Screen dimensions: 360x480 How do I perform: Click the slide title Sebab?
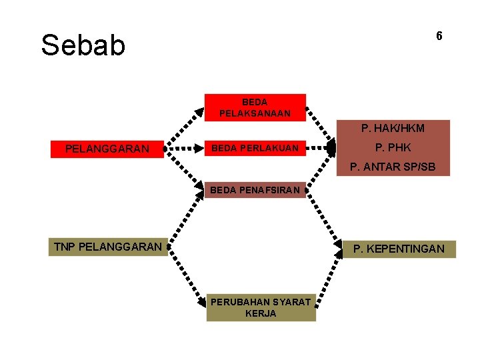[83, 45]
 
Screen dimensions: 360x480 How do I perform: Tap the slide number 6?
[439, 36]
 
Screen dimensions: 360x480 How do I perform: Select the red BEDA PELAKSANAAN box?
[255, 107]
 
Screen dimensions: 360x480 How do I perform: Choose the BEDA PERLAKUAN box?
[255, 148]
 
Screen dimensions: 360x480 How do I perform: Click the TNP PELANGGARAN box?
[107, 247]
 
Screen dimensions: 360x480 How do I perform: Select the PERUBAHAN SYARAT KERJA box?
[260, 307]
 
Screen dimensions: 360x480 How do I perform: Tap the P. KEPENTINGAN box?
[399, 249]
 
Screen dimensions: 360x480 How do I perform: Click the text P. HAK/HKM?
[393, 128]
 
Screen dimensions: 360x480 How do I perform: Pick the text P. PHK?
[393, 147]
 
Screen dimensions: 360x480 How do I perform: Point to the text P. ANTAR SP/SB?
[393, 167]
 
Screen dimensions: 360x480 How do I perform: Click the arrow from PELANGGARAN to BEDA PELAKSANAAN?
[185, 127]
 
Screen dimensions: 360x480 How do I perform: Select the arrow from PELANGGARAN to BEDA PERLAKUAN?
[185, 149]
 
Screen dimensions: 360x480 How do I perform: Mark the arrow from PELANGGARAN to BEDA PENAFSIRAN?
[185, 171]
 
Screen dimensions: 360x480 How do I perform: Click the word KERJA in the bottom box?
[260, 313]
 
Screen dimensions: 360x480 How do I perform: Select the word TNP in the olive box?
[64, 247]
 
